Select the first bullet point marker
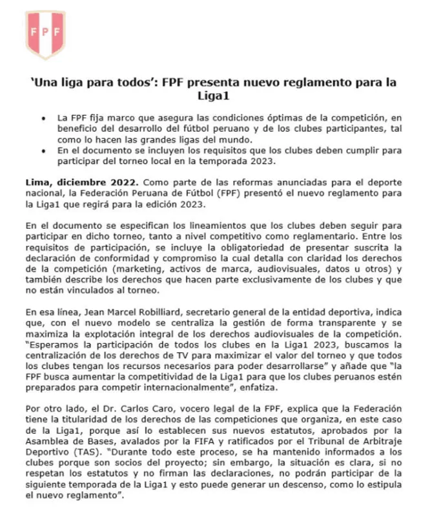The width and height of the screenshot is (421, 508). click(x=43, y=120)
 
